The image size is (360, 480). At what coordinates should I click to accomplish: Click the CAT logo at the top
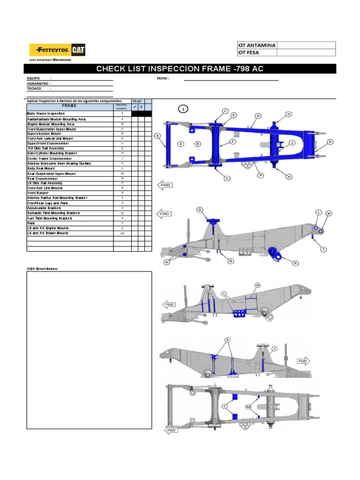pyautogui.click(x=78, y=50)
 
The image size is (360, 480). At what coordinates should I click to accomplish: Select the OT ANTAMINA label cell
pyautogui.click(x=257, y=45)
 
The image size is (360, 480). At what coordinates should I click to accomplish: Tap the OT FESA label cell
pyautogui.click(x=257, y=52)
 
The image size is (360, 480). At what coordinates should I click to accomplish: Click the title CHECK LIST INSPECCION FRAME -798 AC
pyautogui.click(x=180, y=69)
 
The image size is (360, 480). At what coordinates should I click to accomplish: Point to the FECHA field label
pyautogui.click(x=163, y=78)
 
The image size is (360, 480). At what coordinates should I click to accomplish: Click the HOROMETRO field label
pyautogui.click(x=39, y=83)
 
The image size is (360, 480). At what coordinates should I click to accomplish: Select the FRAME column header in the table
pyautogui.click(x=70, y=106)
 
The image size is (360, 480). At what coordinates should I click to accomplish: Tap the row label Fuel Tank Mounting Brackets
pyautogui.click(x=50, y=218)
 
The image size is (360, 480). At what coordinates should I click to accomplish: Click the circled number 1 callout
pyautogui.click(x=183, y=109)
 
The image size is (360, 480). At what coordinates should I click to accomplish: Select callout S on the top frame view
pyautogui.click(x=157, y=136)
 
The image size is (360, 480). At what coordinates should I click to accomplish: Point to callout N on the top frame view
pyautogui.click(x=330, y=142)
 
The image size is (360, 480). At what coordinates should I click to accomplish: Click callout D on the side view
pyautogui.click(x=200, y=210)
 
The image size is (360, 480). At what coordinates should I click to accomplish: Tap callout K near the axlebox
pyautogui.click(x=296, y=263)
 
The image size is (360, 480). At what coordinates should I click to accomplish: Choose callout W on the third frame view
pyautogui.click(x=257, y=285)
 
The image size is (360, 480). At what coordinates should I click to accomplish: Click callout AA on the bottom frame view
pyautogui.click(x=248, y=407)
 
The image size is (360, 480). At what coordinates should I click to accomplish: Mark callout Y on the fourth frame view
pyautogui.click(x=275, y=348)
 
